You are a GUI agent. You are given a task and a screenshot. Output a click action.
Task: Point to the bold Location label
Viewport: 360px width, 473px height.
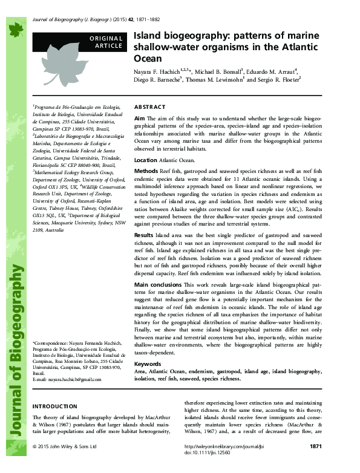coord(145,160)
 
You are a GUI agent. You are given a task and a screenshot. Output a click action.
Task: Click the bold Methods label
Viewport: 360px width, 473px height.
coord(146,172)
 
